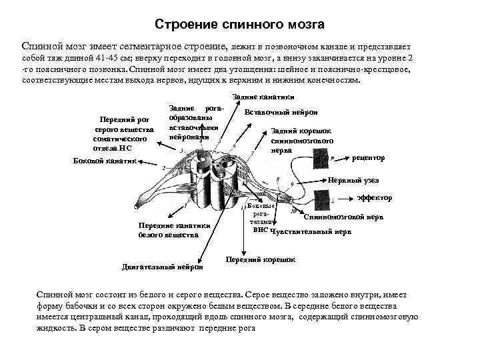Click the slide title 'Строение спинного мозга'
(239, 25)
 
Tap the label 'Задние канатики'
(261, 97)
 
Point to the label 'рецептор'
(368, 158)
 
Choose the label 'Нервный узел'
(353, 181)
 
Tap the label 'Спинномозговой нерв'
(343, 217)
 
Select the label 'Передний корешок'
(260, 259)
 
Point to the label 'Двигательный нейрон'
(163, 267)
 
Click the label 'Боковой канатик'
(103, 161)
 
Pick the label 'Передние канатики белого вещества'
(174, 230)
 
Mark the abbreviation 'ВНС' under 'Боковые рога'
(261, 229)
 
